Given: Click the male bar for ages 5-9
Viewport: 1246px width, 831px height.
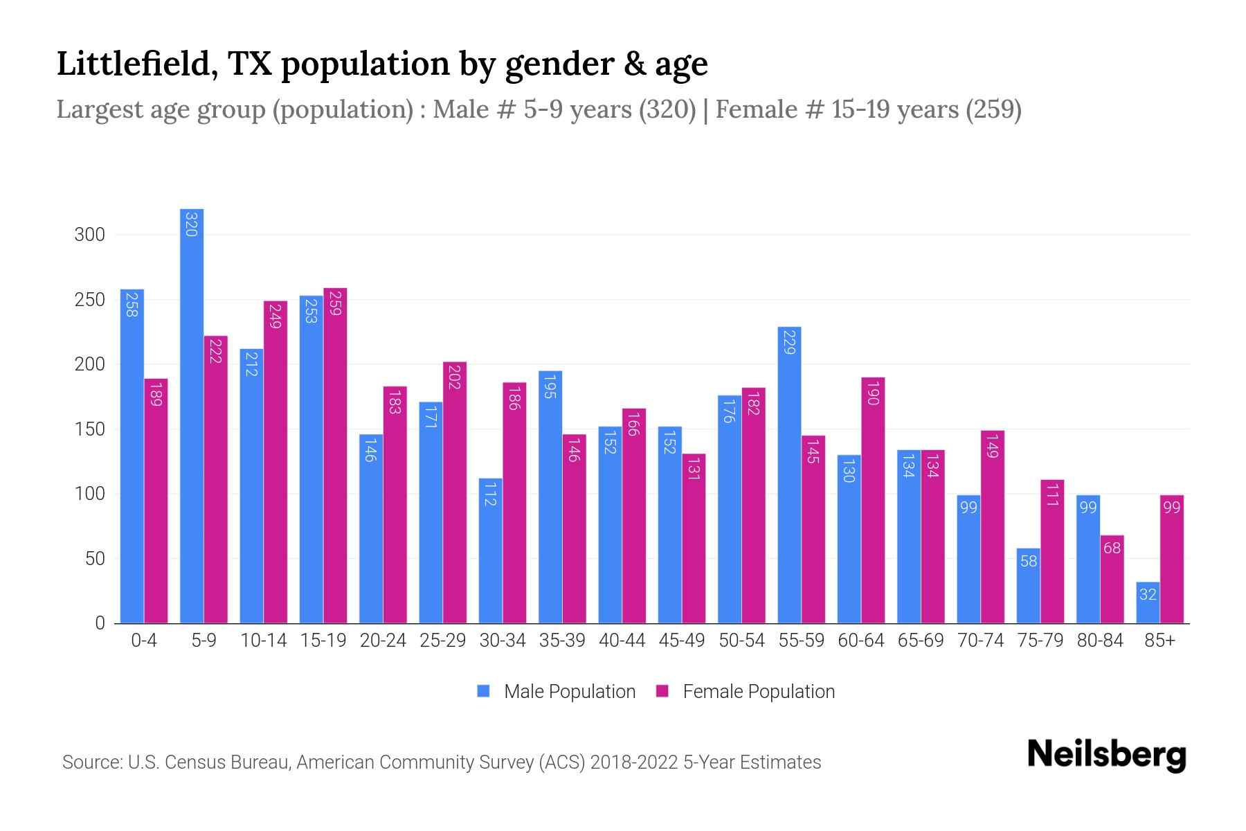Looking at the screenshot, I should (x=192, y=415).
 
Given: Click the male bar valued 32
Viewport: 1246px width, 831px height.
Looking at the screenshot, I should (x=1148, y=603).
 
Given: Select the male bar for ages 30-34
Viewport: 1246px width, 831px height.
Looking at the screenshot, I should (x=490, y=551).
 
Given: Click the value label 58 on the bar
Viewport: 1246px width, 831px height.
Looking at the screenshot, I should (x=1029, y=562).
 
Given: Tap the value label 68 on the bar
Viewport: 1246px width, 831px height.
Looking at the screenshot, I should (x=1112, y=548).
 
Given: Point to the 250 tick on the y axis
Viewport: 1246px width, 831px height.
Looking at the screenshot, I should (x=90, y=300).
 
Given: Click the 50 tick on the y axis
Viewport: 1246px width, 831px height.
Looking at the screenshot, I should (x=95, y=559).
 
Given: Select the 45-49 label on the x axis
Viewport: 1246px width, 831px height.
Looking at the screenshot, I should (x=682, y=641).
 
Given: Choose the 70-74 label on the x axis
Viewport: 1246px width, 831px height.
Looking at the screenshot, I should (x=980, y=641).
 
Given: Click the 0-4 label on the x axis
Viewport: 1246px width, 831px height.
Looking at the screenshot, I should (x=144, y=641).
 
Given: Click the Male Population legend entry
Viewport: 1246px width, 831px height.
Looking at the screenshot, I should (x=569, y=692).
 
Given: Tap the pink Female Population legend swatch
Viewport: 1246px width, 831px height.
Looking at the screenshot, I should (x=662, y=691).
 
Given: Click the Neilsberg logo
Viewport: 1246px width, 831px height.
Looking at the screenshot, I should (x=1106, y=755).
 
